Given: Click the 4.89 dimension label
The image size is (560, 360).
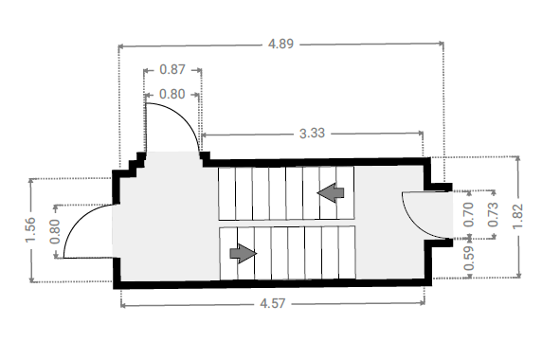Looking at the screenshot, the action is click(x=280, y=44).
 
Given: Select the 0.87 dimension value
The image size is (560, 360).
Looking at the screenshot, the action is click(x=172, y=69).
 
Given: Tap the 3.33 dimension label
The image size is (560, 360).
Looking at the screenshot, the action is click(x=312, y=134).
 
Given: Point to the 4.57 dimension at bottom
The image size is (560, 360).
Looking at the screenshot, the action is click(x=273, y=303).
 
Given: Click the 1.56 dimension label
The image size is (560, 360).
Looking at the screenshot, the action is click(x=30, y=230).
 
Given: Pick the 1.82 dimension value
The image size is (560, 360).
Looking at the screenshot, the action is click(x=517, y=216).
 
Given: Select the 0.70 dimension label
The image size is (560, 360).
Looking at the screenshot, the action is click(x=468, y=214).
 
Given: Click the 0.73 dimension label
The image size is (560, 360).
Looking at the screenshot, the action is click(x=493, y=214).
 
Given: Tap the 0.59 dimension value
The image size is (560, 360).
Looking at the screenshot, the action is click(x=468, y=258).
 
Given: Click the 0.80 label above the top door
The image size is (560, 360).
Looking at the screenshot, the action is click(x=172, y=94).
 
